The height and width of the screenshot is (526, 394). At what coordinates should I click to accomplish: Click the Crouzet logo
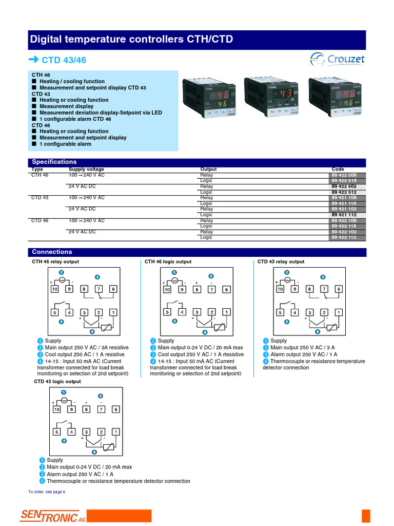point(338,60)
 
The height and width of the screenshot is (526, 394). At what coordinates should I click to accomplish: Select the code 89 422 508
point(348,175)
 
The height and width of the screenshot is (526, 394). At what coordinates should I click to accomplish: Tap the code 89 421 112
point(348,215)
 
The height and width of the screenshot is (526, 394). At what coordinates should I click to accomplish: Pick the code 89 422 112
point(348,237)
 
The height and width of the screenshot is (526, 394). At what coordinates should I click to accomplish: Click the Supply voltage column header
point(86,169)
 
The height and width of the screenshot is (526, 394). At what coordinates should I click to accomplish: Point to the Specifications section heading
point(54,162)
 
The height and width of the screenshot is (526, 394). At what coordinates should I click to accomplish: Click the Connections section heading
point(52,252)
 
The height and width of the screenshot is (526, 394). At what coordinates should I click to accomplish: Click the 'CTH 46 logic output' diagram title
point(168,261)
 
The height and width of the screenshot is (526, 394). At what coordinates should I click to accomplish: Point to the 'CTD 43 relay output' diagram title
point(281,261)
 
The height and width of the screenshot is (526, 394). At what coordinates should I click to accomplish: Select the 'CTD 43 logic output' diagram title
point(57,382)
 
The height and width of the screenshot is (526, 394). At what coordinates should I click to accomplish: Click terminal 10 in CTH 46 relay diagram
point(54,289)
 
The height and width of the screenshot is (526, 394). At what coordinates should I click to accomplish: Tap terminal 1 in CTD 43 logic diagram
point(116,432)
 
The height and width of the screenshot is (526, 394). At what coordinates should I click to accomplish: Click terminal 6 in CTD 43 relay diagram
point(339,289)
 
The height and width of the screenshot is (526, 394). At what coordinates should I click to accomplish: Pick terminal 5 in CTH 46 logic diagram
point(167,312)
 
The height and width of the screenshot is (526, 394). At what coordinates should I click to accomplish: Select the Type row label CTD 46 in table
point(40,220)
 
